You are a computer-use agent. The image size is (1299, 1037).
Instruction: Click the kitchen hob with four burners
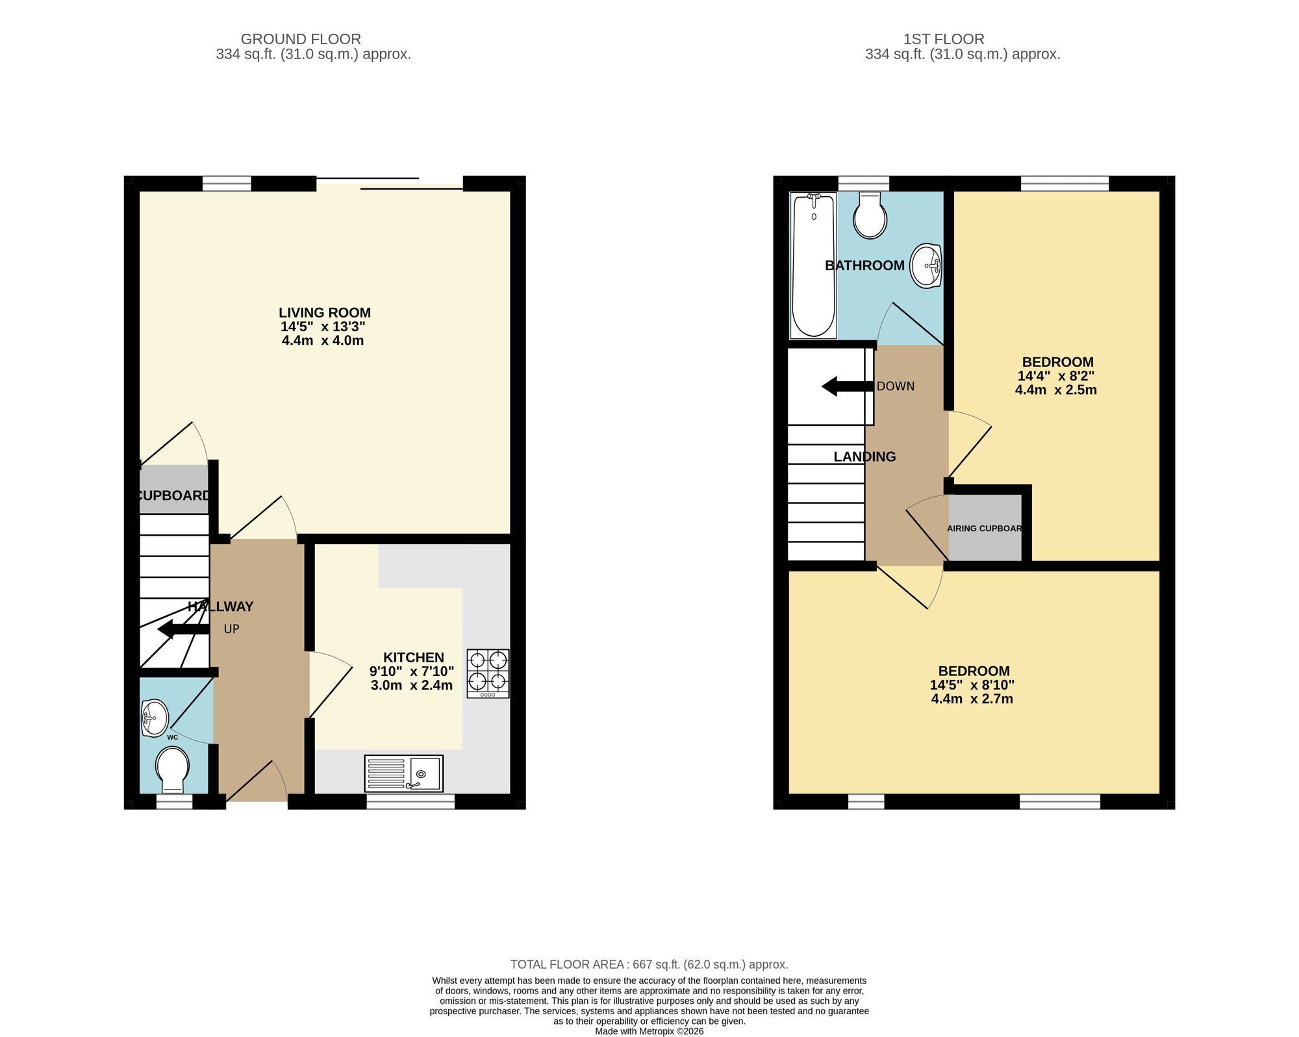pyautogui.click(x=488, y=673)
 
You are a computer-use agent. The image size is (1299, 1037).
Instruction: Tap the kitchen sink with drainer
pyautogui.click(x=404, y=773)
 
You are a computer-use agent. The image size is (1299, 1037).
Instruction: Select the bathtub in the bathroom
pyautogui.click(x=813, y=265)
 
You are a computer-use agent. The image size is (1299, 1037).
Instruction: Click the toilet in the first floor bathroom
pyautogui.click(x=870, y=215)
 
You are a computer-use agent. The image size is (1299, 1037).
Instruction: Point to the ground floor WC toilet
pyautogui.click(x=173, y=770)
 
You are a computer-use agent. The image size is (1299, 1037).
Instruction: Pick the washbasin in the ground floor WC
pyautogui.click(x=155, y=718)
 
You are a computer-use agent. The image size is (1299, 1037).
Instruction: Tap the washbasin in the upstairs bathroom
pyautogui.click(x=926, y=266)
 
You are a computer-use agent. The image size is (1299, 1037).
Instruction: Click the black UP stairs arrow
pyautogui.click(x=183, y=629)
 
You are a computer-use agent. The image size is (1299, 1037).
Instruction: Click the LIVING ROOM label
pyautogui.click(x=325, y=312)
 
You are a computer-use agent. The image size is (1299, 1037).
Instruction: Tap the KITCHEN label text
pyautogui.click(x=414, y=657)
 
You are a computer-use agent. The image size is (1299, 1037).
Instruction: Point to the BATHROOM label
pyautogui.click(x=864, y=265)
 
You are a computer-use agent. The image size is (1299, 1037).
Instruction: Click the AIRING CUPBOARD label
pyautogui.click(x=985, y=529)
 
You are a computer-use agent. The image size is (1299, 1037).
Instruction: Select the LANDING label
pyautogui.click(x=864, y=456)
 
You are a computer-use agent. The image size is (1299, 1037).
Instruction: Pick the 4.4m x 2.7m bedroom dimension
pyautogui.click(x=972, y=699)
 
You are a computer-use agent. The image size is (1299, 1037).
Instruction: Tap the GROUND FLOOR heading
pyautogui.click(x=301, y=39)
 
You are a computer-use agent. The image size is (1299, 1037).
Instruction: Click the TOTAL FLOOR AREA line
pyautogui.click(x=649, y=965)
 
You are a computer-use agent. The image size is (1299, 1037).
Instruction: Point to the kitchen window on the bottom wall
pyautogui.click(x=410, y=802)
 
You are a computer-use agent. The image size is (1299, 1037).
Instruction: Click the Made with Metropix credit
pyautogui.click(x=649, y=1031)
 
